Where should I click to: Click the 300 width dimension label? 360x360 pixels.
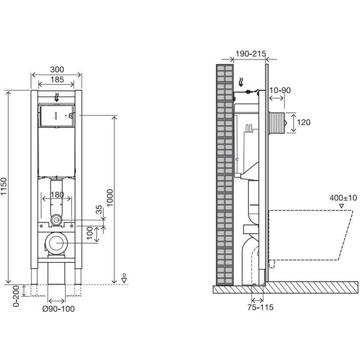(57, 69)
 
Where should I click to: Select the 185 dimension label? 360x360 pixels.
(57, 80)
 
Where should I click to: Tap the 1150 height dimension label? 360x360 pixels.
(4, 186)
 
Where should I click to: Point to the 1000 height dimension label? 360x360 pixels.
(110, 198)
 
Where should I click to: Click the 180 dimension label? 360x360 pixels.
(57, 195)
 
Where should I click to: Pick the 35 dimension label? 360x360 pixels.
(99, 210)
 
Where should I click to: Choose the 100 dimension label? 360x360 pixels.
(90, 233)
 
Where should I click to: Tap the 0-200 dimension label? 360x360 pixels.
(16, 296)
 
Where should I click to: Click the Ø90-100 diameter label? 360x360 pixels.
(59, 309)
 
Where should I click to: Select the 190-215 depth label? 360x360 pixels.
(251, 54)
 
